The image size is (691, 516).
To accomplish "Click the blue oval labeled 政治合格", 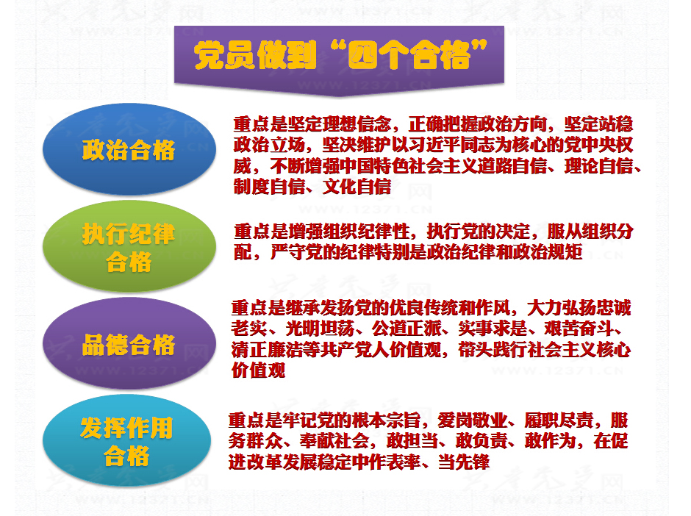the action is (x=129, y=149).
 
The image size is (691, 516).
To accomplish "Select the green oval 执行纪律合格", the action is (x=129, y=246).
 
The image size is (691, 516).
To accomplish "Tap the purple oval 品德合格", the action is (x=129, y=343).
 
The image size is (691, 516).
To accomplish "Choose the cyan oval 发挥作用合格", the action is (x=127, y=440).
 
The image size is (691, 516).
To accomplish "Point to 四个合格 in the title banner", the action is (x=409, y=56).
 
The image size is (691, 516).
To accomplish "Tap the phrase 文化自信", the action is (x=357, y=187).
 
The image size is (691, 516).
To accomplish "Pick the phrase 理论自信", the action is (x=599, y=166).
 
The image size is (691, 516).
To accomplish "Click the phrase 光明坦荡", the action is (x=320, y=329).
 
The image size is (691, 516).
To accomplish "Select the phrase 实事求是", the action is (x=493, y=329).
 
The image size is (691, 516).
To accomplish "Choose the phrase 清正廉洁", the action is (x=266, y=350).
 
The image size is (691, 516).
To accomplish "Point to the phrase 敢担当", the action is (x=412, y=441).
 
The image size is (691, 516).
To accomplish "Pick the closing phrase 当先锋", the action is (x=464, y=462).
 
